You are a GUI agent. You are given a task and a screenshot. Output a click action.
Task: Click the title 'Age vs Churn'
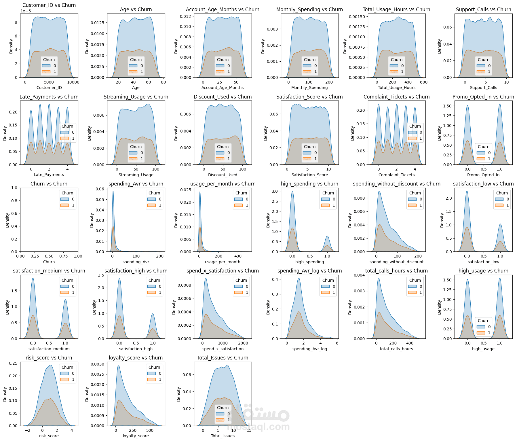coord(136,10)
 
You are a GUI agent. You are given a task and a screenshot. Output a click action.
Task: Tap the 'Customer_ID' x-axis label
coord(49,88)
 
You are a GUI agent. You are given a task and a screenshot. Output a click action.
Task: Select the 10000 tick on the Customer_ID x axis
coord(73,82)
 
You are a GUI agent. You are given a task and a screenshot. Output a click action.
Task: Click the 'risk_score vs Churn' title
coord(49,358)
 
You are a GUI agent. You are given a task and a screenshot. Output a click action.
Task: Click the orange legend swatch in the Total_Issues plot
coord(220,420)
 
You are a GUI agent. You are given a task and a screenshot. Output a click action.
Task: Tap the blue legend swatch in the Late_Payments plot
coord(64,133)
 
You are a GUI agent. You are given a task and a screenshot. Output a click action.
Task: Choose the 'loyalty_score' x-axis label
coord(136,436)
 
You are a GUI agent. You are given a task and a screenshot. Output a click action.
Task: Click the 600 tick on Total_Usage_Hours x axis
coord(424,82)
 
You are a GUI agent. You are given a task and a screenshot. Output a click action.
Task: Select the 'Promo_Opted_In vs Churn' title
coord(483,97)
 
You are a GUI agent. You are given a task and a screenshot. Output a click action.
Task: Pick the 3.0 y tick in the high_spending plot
coord(275,191)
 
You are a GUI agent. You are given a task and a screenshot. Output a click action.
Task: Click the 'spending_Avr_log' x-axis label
coord(310,349)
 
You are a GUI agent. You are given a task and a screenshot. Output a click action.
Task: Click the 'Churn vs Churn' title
coord(49,184)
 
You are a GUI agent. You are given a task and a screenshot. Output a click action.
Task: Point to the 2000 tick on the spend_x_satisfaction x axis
coord(243,343)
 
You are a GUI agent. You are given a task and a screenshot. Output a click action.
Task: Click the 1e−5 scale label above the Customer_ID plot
coord(26,11)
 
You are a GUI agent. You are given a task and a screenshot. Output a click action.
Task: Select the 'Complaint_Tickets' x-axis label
coord(396,175)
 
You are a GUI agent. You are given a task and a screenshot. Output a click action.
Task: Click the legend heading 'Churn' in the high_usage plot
coord(483,321)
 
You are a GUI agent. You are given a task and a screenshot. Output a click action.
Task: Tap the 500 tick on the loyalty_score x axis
coord(150,430)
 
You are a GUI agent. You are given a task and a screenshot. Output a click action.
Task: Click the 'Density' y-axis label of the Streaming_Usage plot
coord(89,133)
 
